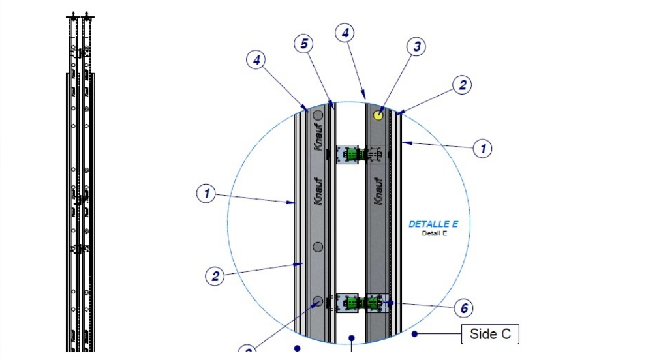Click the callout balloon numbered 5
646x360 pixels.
pyautogui.click(x=303, y=44)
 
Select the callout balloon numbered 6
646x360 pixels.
pyautogui.click(x=463, y=308)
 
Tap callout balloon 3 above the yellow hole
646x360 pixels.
pyautogui.click(x=416, y=47)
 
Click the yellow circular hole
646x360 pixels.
pyautogui.click(x=378, y=115)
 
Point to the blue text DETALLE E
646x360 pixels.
pyautogui.click(x=433, y=224)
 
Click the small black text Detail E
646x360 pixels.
pyautogui.click(x=434, y=233)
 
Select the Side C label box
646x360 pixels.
pyautogui.click(x=490, y=335)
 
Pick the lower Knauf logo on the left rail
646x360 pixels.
pyautogui.click(x=318, y=191)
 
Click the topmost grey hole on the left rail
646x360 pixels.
pyautogui.click(x=318, y=115)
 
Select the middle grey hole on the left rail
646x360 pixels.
pyautogui.click(x=318, y=247)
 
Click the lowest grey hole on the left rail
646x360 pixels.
pyautogui.click(x=318, y=301)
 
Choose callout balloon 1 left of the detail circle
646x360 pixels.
pyautogui.click(x=206, y=193)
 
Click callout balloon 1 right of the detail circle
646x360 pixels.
pyautogui.click(x=483, y=149)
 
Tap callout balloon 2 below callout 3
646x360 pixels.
pyautogui.click(x=462, y=85)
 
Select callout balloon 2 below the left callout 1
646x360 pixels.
pyautogui.click(x=215, y=276)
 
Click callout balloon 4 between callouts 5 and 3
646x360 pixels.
pyautogui.click(x=345, y=32)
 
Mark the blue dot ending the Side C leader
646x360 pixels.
pyautogui.click(x=414, y=334)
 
